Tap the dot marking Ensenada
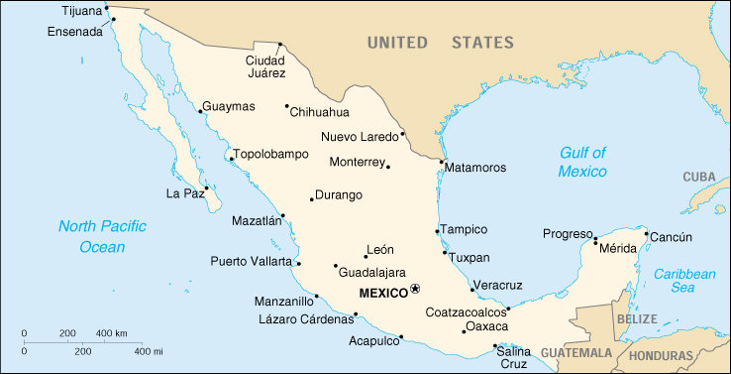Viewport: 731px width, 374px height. point(114,19)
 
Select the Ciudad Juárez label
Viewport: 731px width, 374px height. point(265,66)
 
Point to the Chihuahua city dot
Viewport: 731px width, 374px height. point(287,106)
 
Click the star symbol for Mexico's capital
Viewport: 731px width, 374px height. point(415,289)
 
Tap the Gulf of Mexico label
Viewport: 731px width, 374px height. point(581,162)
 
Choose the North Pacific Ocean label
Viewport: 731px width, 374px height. point(102,236)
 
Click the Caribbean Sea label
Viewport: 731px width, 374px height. point(683,280)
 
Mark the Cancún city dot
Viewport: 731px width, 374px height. point(647,234)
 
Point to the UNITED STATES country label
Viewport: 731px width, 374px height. point(440,43)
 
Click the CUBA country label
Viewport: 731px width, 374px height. point(698,177)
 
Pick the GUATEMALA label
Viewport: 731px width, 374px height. point(577,353)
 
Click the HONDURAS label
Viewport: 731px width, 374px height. point(661,355)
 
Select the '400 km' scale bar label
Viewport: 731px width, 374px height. point(112,332)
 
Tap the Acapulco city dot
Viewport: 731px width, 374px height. point(401,336)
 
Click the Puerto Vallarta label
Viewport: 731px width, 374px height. point(252,262)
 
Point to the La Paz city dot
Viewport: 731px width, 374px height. point(206,187)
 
